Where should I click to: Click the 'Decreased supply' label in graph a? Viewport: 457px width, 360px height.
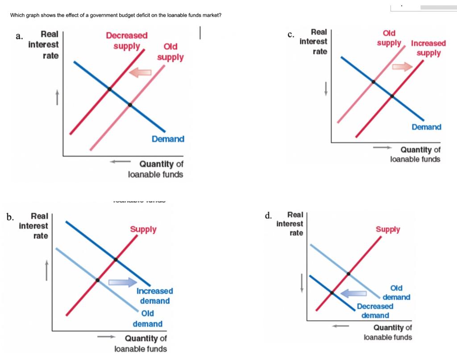(127, 41)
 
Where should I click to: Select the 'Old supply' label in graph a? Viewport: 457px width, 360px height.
(170, 52)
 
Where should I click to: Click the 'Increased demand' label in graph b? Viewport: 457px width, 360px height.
(154, 296)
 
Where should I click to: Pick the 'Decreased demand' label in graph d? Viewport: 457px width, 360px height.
(375, 311)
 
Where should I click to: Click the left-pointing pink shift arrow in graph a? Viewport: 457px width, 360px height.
(141, 72)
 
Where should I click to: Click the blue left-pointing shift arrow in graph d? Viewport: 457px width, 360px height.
(354, 293)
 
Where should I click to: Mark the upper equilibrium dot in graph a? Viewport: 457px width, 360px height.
(109, 89)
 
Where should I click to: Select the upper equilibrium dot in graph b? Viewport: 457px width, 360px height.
(116, 260)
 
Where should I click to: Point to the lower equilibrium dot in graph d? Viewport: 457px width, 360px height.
(332, 293)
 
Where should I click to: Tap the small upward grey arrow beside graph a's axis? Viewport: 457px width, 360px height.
(57, 98)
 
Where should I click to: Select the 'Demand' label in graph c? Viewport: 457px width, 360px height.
(426, 127)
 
